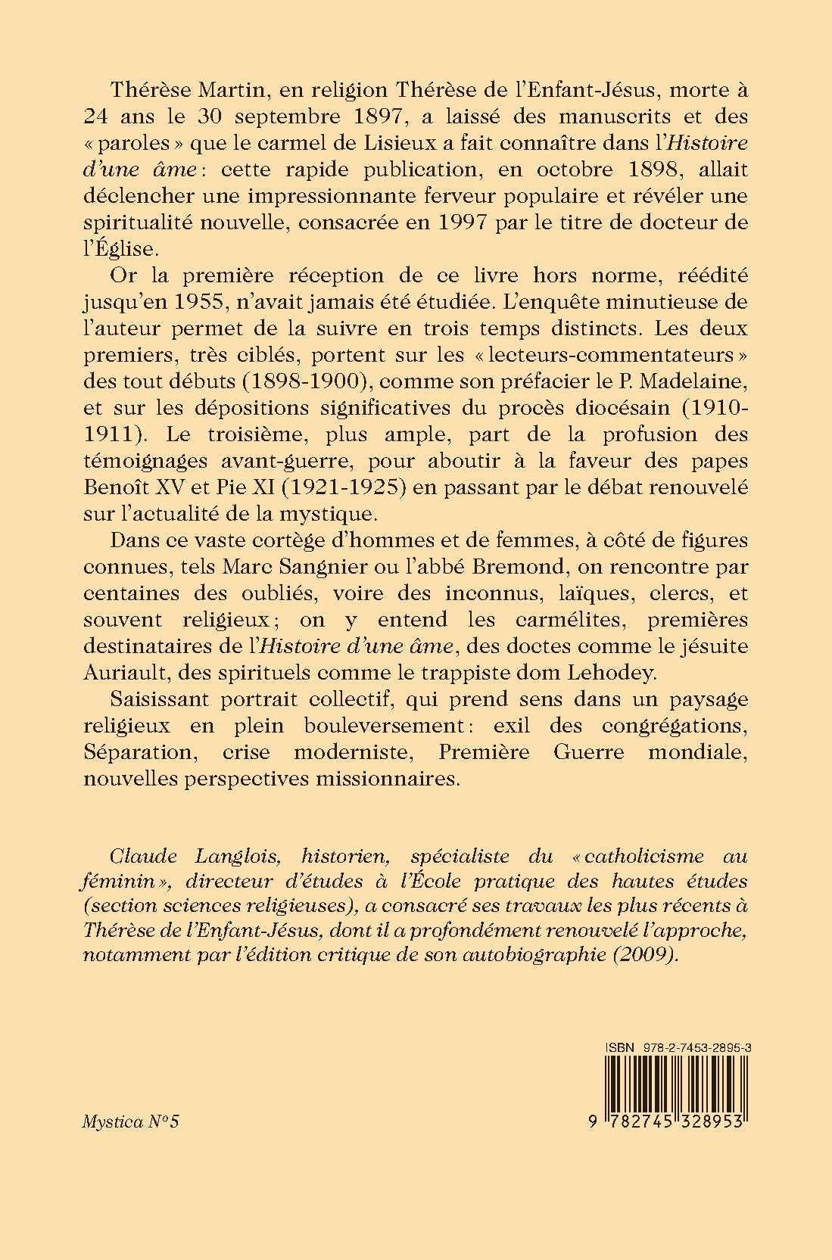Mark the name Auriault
pyautogui.click(x=120, y=673)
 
